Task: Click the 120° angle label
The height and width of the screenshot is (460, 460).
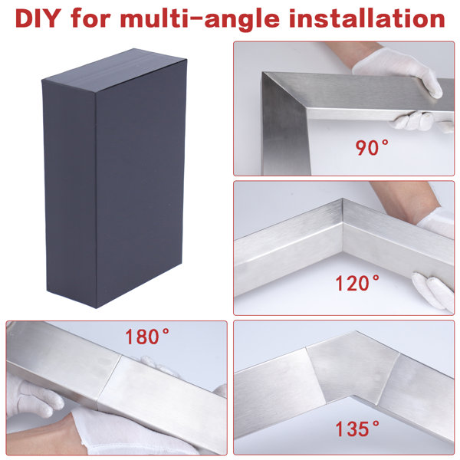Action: click(356, 284)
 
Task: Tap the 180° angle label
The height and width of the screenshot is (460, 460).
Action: click(148, 337)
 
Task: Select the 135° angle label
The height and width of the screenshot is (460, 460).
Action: click(356, 426)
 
